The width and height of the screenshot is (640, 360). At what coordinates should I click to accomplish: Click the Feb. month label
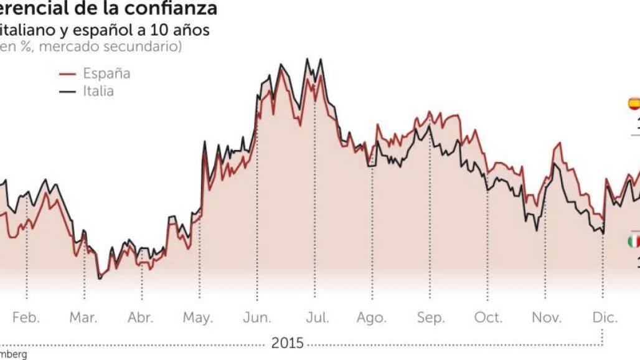click(x=26, y=318)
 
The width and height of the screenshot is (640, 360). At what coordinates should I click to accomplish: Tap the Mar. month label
click(x=83, y=318)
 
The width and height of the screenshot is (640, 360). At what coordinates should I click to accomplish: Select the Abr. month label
click(x=141, y=318)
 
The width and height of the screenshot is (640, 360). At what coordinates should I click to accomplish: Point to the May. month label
click(x=198, y=318)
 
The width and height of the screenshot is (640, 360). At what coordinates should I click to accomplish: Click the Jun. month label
click(x=256, y=318)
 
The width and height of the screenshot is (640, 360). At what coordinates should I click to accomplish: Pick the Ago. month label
click(x=372, y=318)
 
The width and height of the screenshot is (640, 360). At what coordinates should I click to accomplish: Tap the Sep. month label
click(x=430, y=318)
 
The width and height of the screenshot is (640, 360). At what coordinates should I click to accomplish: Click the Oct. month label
click(x=488, y=318)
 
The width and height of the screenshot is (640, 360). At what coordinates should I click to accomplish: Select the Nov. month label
click(x=547, y=318)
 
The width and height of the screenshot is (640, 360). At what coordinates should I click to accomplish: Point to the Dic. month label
click(x=605, y=318)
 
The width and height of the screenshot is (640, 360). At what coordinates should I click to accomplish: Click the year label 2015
click(x=287, y=343)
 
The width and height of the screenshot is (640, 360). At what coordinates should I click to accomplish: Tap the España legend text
click(x=106, y=73)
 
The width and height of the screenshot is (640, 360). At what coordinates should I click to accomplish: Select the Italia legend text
click(x=98, y=92)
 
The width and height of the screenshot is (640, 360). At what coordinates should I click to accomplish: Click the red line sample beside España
click(x=67, y=74)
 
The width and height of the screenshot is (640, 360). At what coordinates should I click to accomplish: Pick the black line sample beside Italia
click(x=67, y=92)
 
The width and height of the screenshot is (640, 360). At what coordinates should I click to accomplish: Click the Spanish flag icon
click(x=634, y=103)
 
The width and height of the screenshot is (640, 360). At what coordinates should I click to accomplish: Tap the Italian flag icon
click(x=634, y=241)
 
